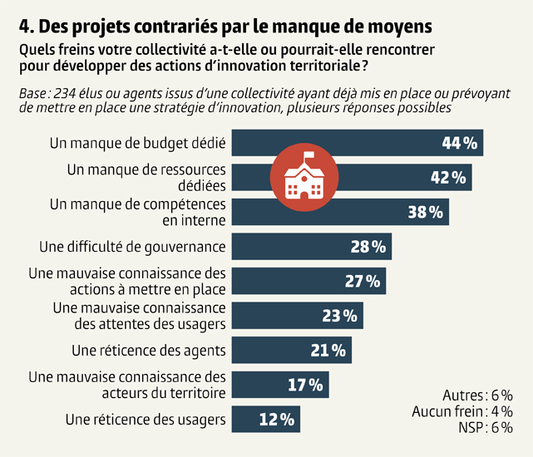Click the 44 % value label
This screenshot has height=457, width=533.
[460, 143]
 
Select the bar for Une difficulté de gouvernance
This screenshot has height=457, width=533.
[311, 247]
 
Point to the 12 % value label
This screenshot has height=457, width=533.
[277, 420]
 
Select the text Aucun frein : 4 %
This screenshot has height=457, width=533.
[462, 411]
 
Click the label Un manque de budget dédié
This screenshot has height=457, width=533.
[138, 143]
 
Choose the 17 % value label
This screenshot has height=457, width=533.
[305, 385]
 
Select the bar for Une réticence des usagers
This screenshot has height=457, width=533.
[265, 420]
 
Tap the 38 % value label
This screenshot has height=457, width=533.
[425, 212]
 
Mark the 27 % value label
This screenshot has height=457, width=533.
[362, 281]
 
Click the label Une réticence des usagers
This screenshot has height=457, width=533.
[146, 420]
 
